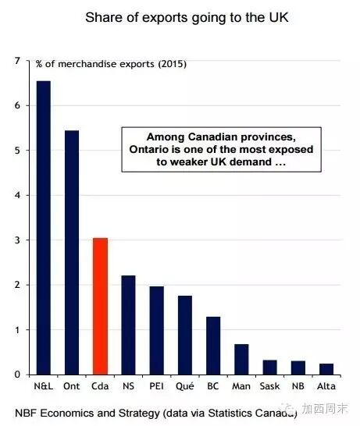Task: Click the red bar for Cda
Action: (100, 306)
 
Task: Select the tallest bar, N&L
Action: (44, 228)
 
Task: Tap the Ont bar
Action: (72, 252)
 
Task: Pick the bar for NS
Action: (128, 325)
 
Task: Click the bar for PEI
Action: (157, 330)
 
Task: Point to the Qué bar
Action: (185, 335)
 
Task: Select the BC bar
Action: (213, 346)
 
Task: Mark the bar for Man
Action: (241, 360)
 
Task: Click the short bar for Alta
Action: (326, 369)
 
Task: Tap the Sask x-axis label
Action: (269, 386)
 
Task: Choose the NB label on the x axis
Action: (298, 386)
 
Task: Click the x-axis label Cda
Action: (100, 386)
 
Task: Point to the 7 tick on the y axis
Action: (17, 61)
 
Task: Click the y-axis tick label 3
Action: (17, 240)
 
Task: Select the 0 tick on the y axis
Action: (17, 375)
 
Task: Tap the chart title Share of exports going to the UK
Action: (187, 17)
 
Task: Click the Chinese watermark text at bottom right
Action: (325, 408)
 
